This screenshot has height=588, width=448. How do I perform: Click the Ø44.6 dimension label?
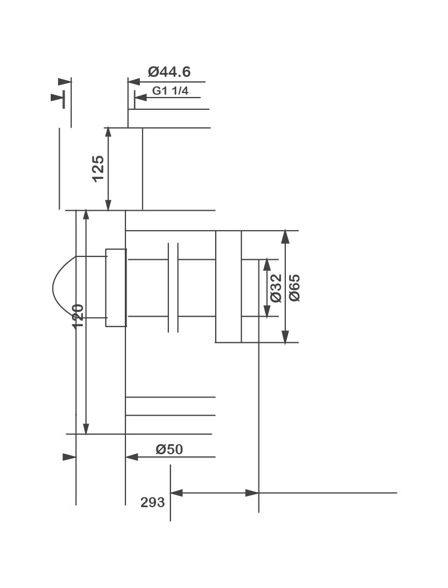click(169, 71)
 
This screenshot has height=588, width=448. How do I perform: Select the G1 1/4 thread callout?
click(170, 91)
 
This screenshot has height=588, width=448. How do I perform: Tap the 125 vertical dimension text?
click(98, 168)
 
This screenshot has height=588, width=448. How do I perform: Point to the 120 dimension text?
click(77, 316)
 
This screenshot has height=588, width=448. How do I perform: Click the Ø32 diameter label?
click(276, 288)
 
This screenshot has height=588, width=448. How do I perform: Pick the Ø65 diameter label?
click(295, 288)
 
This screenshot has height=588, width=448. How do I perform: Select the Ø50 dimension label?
click(169, 449)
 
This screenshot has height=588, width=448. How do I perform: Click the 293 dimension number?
click(153, 502)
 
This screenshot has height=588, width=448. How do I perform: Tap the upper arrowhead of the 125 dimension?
click(108, 134)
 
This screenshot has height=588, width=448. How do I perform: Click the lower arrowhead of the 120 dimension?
click(86, 428)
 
